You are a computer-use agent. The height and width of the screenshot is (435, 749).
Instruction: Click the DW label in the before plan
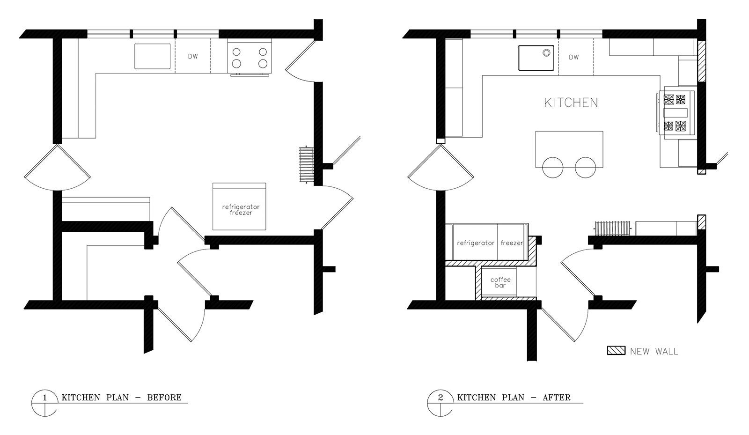[x=193, y=57]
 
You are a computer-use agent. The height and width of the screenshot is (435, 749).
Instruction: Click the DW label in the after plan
[x=574, y=57]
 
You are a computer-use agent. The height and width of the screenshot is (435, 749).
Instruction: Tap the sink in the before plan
[x=153, y=56]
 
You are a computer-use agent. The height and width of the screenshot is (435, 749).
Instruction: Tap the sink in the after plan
[x=536, y=58]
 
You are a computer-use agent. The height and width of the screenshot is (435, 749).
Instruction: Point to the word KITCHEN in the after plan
[x=571, y=103]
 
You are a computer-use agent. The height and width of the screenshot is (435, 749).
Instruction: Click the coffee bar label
[x=500, y=282]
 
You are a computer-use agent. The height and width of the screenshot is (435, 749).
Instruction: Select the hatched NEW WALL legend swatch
[x=616, y=351]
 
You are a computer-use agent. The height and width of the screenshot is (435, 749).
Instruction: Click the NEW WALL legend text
[x=654, y=351]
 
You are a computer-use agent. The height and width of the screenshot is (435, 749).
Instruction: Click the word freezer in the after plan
[x=512, y=243]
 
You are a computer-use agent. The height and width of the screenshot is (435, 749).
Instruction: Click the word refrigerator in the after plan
[x=476, y=243]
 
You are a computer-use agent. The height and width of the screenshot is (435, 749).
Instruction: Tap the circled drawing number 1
[x=44, y=398]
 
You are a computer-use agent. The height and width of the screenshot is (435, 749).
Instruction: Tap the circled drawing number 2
[x=440, y=398]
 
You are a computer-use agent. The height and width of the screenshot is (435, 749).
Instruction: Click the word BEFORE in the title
[x=164, y=398]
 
